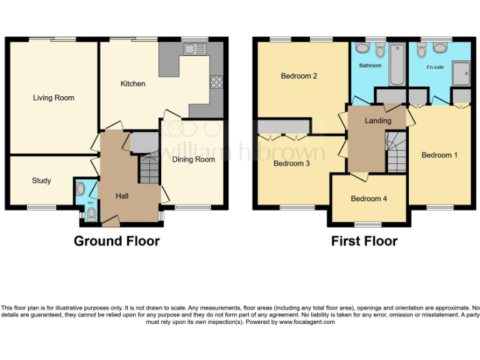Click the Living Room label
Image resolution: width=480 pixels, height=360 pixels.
point(54,98)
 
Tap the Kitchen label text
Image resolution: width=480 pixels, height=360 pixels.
point(133,84)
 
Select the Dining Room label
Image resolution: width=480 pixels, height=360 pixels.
point(193,159)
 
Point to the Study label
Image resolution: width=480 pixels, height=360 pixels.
point(41,181)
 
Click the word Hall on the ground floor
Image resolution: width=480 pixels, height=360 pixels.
point(122,196)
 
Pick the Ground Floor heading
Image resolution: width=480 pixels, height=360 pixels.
point(117,241)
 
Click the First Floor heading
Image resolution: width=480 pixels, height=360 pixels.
point(364,241)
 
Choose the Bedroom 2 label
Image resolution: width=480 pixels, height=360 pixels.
point(299,76)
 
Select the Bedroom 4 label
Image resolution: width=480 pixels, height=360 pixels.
point(369,199)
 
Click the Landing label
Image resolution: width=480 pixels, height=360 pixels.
point(378,121)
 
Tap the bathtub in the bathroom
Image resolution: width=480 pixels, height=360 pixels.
point(397,64)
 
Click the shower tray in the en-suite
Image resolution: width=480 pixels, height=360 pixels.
point(461,73)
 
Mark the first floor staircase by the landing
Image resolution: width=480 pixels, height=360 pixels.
point(396,153)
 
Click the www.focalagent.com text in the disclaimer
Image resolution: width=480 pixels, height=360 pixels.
point(307,322)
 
